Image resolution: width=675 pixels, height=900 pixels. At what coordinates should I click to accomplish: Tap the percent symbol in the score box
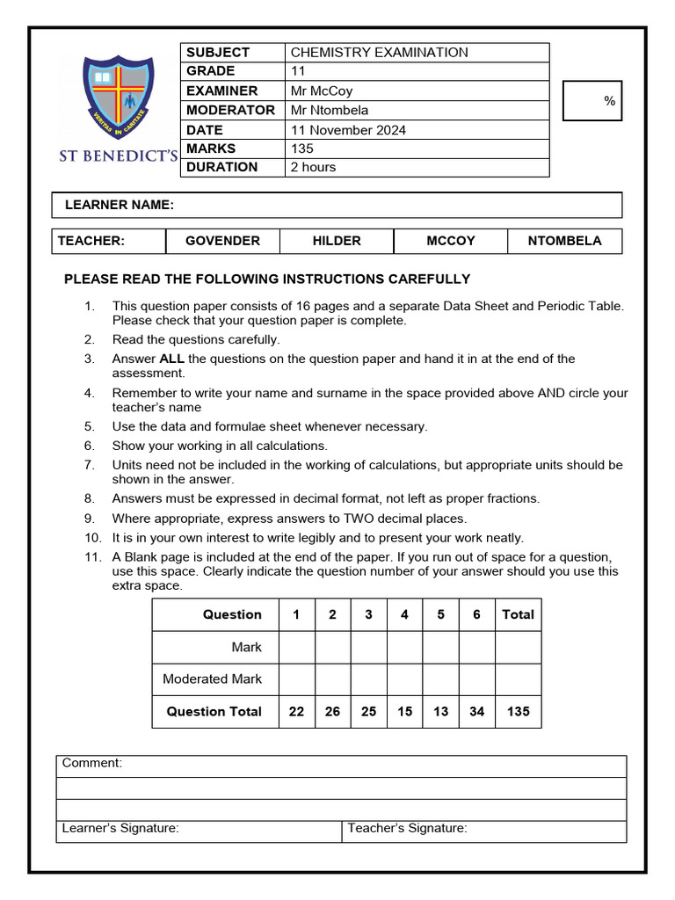point(609,102)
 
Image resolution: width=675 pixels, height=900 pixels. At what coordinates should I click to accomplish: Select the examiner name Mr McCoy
point(321,91)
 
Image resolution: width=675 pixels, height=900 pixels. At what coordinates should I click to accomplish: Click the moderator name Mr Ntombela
point(330,110)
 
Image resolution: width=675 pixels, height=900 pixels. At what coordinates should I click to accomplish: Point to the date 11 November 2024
point(348,129)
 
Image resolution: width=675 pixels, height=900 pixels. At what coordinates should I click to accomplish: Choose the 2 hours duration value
point(313,167)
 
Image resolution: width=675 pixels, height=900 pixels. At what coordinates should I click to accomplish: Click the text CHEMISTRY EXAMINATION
point(379,53)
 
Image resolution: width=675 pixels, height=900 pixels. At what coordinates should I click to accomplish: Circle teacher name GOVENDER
point(222,241)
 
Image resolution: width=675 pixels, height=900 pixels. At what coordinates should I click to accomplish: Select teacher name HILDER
point(337,241)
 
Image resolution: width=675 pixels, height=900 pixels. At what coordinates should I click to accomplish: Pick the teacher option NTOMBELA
point(564,241)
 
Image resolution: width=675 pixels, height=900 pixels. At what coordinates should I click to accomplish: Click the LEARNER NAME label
point(120,205)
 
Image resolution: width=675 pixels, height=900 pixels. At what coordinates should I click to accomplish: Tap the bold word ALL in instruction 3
point(171,359)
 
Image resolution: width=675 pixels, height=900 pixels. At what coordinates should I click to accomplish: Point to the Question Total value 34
point(476,712)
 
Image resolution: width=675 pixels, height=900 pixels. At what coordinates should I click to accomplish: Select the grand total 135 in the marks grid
point(519,712)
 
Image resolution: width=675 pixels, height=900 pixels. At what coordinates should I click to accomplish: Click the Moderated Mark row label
point(212,679)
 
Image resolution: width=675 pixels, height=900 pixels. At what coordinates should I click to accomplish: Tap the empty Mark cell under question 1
point(296,648)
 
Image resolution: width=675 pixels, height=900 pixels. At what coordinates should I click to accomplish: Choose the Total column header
point(518,615)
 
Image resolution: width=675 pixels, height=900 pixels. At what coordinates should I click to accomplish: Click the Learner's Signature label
point(120,828)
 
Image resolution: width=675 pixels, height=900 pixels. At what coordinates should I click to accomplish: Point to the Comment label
point(92,764)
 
